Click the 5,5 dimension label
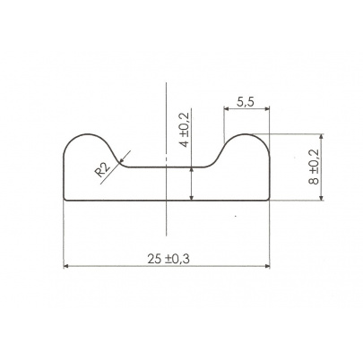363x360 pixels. [246, 102]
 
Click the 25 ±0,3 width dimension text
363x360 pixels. [169, 259]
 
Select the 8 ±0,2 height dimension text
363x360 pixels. [314, 167]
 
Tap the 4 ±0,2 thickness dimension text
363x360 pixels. [185, 130]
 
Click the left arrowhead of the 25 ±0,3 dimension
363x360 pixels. [66, 266]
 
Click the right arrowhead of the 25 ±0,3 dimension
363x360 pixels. [267, 266]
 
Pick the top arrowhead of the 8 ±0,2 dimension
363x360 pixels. [321, 137]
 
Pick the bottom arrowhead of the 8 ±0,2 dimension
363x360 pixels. [321, 198]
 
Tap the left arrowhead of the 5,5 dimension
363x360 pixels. [227, 109]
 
